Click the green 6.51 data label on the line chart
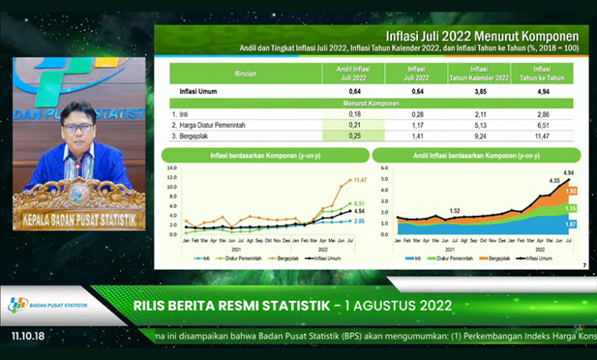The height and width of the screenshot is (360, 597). coord(359,204)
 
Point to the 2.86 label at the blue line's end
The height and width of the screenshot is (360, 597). coord(359,221)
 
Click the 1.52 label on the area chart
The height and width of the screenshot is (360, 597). coord(455,211)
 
